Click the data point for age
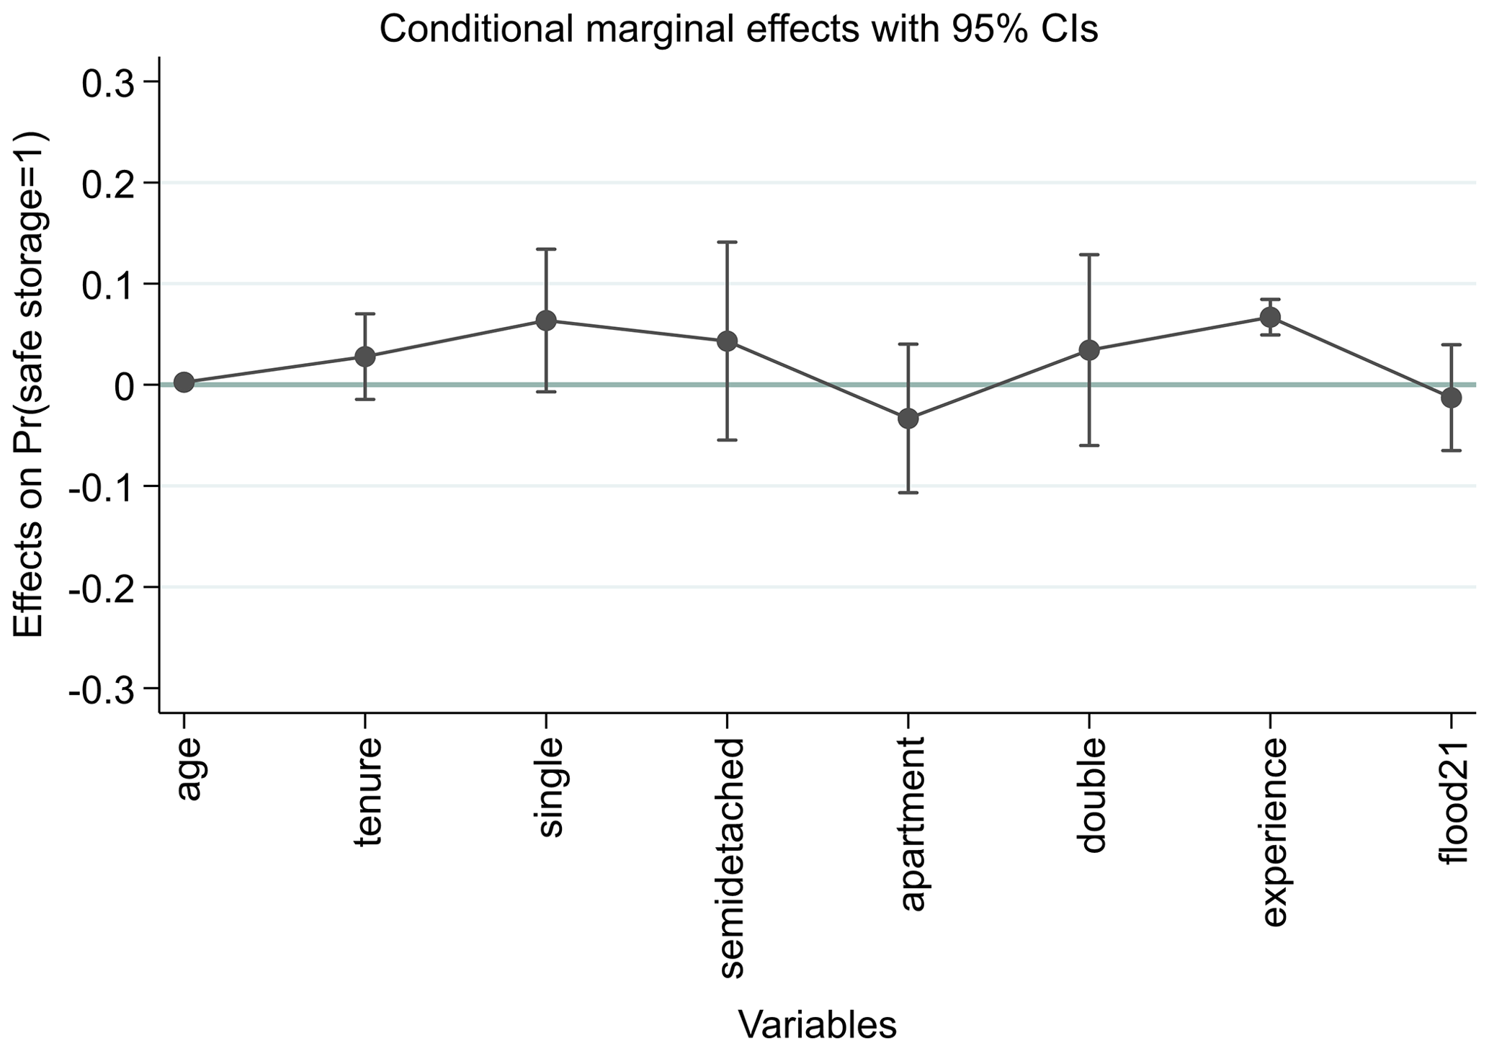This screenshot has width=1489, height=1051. click(184, 383)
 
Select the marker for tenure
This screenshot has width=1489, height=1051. click(365, 357)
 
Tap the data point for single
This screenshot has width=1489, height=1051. click(546, 321)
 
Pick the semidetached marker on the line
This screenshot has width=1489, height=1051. click(728, 341)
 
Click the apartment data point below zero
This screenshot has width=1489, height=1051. click(908, 418)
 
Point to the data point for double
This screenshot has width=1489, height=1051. click(1089, 351)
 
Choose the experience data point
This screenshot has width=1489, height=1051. click(1270, 317)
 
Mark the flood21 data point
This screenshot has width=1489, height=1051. click(1451, 398)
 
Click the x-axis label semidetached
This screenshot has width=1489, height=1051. click(730, 858)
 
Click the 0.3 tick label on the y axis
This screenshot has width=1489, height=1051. click(109, 82)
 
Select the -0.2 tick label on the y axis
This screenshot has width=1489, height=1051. click(103, 588)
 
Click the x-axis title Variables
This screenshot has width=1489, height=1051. click(817, 1024)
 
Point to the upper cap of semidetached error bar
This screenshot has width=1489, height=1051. click(728, 242)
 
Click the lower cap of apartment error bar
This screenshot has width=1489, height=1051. click(908, 493)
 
